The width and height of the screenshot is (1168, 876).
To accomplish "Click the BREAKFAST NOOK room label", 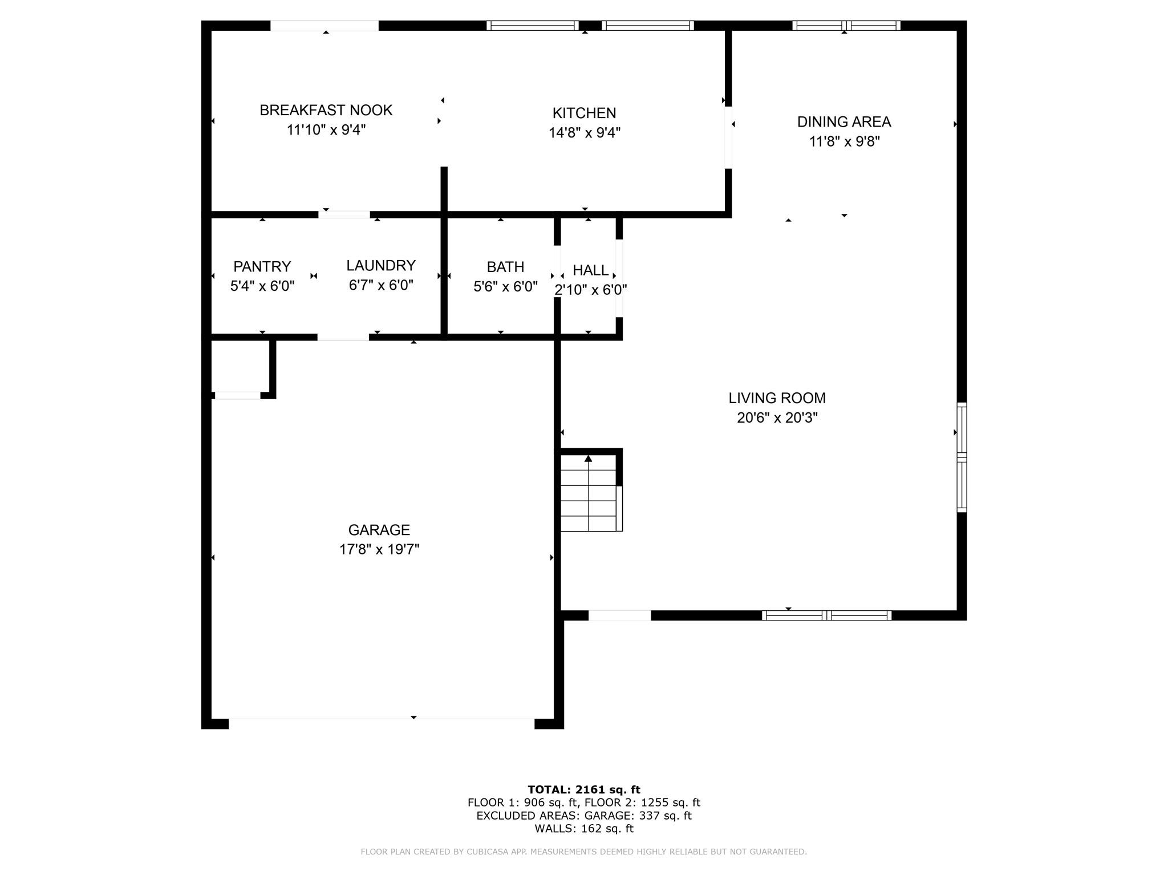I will pos(326,110).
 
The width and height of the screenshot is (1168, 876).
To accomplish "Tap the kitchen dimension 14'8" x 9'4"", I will pos(584,133).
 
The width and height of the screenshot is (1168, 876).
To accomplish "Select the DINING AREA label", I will pos(843,121).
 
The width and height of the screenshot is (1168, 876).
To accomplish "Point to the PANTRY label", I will pos(262,266).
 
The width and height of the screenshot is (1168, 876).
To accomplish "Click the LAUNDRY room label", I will pos(380,265).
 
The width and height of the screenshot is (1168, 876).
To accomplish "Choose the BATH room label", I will pos(505,267).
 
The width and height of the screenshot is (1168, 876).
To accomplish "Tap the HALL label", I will pos(590,270).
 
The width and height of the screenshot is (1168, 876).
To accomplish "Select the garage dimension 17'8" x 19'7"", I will pos(379,550).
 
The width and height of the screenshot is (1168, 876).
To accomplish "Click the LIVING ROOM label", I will pos(777,398).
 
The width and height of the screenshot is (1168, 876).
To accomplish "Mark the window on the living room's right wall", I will pos(961,457).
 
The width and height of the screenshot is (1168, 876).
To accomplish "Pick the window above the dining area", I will pos(846,26).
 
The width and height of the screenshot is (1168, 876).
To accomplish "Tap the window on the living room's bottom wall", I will pos(826,615).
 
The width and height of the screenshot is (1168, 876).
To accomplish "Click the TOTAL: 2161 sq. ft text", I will pos(583,790).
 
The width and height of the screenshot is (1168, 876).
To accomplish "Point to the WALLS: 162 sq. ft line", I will pos(583,829).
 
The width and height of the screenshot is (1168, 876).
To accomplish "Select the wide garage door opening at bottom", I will pos(381,723).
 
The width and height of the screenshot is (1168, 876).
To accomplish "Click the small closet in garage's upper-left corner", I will pos(240,367).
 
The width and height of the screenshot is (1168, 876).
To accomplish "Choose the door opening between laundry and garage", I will pos(343,337).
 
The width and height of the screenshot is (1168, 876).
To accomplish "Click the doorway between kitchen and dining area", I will pos(728,137).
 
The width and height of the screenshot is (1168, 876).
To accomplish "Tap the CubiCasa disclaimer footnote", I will pos(583,852).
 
